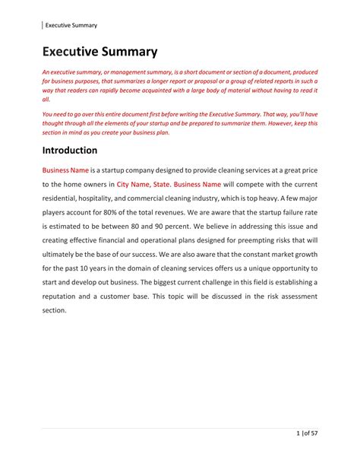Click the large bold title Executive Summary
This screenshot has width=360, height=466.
[99, 52]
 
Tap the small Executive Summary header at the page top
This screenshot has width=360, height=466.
[71, 25]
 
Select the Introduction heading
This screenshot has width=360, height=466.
[70, 151]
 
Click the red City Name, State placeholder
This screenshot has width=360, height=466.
[144, 184]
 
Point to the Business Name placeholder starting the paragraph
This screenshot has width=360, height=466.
[65, 170]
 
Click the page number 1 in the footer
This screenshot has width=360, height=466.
[298, 435]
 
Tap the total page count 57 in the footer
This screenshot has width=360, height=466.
[317, 435]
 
